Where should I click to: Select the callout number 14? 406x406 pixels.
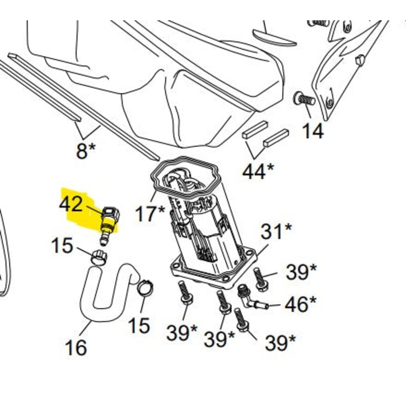click(x=312, y=131)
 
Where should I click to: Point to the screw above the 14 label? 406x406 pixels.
click(x=304, y=98)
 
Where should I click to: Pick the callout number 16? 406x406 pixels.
click(x=76, y=348)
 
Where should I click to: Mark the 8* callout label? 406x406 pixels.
click(x=85, y=151)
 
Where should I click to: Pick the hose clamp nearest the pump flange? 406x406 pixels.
click(x=146, y=288)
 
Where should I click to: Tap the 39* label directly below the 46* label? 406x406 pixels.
click(x=281, y=343)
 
